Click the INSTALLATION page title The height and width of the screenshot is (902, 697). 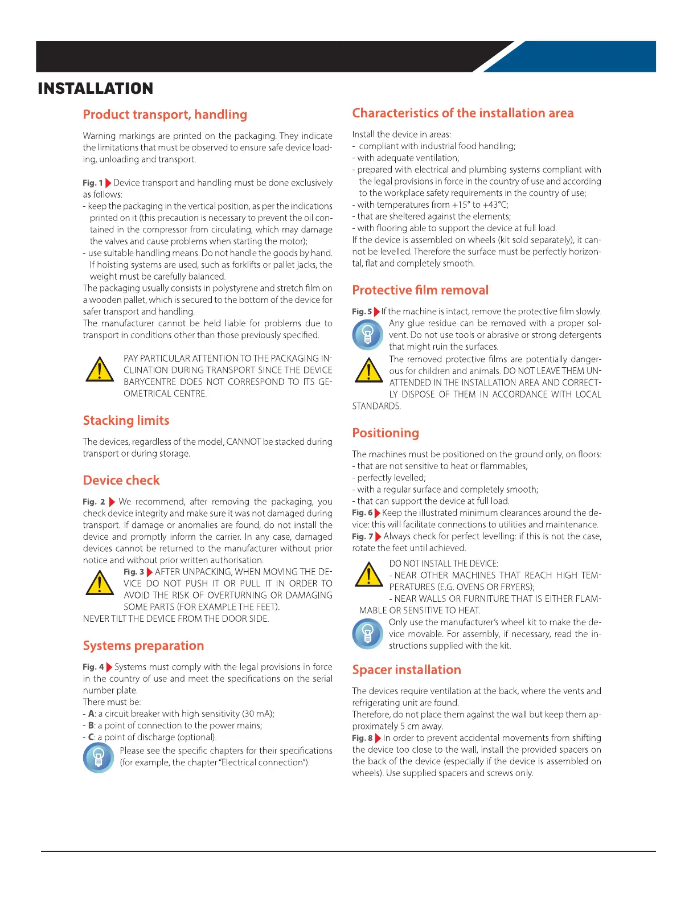click(x=95, y=89)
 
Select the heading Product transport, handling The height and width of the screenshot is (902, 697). click(x=165, y=114)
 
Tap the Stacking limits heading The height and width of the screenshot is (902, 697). click(x=126, y=420)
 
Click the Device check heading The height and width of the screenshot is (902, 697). click(x=121, y=480)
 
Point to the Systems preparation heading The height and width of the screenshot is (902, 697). click(x=143, y=646)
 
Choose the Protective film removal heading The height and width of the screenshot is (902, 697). click(x=420, y=290)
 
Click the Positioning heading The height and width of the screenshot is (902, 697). click(x=386, y=433)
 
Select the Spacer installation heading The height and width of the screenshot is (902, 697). click(x=407, y=670)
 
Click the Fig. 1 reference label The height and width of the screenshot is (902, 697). click(x=93, y=183)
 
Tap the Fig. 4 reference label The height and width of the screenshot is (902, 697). click(x=93, y=667)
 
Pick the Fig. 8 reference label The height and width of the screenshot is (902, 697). click(x=362, y=738)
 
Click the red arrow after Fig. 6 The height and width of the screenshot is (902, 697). click(x=378, y=513)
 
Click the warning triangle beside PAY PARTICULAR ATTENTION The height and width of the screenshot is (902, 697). click(x=100, y=370)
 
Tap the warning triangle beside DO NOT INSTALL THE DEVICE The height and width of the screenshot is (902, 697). click(x=369, y=575)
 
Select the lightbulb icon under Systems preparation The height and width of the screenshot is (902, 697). click(x=99, y=757)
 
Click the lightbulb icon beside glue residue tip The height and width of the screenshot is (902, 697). click(x=368, y=334)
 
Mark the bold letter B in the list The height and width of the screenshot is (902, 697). click(x=91, y=725)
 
